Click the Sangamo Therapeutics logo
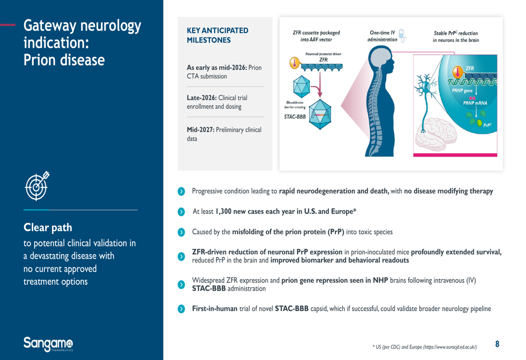click(48, 344)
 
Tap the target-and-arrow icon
click(37, 186)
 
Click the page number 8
click(497, 344)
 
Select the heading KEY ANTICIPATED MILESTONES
click(217, 35)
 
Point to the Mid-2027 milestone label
click(200, 130)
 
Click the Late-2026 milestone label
click(201, 98)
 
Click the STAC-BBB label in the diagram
click(295, 117)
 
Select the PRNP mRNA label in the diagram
click(475, 103)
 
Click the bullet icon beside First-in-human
click(181, 308)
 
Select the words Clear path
click(48, 228)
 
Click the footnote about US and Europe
click(424, 347)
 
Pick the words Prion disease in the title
click(64, 60)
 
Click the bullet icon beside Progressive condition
click(181, 191)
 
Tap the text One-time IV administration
click(382, 36)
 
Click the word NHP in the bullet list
click(380, 280)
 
